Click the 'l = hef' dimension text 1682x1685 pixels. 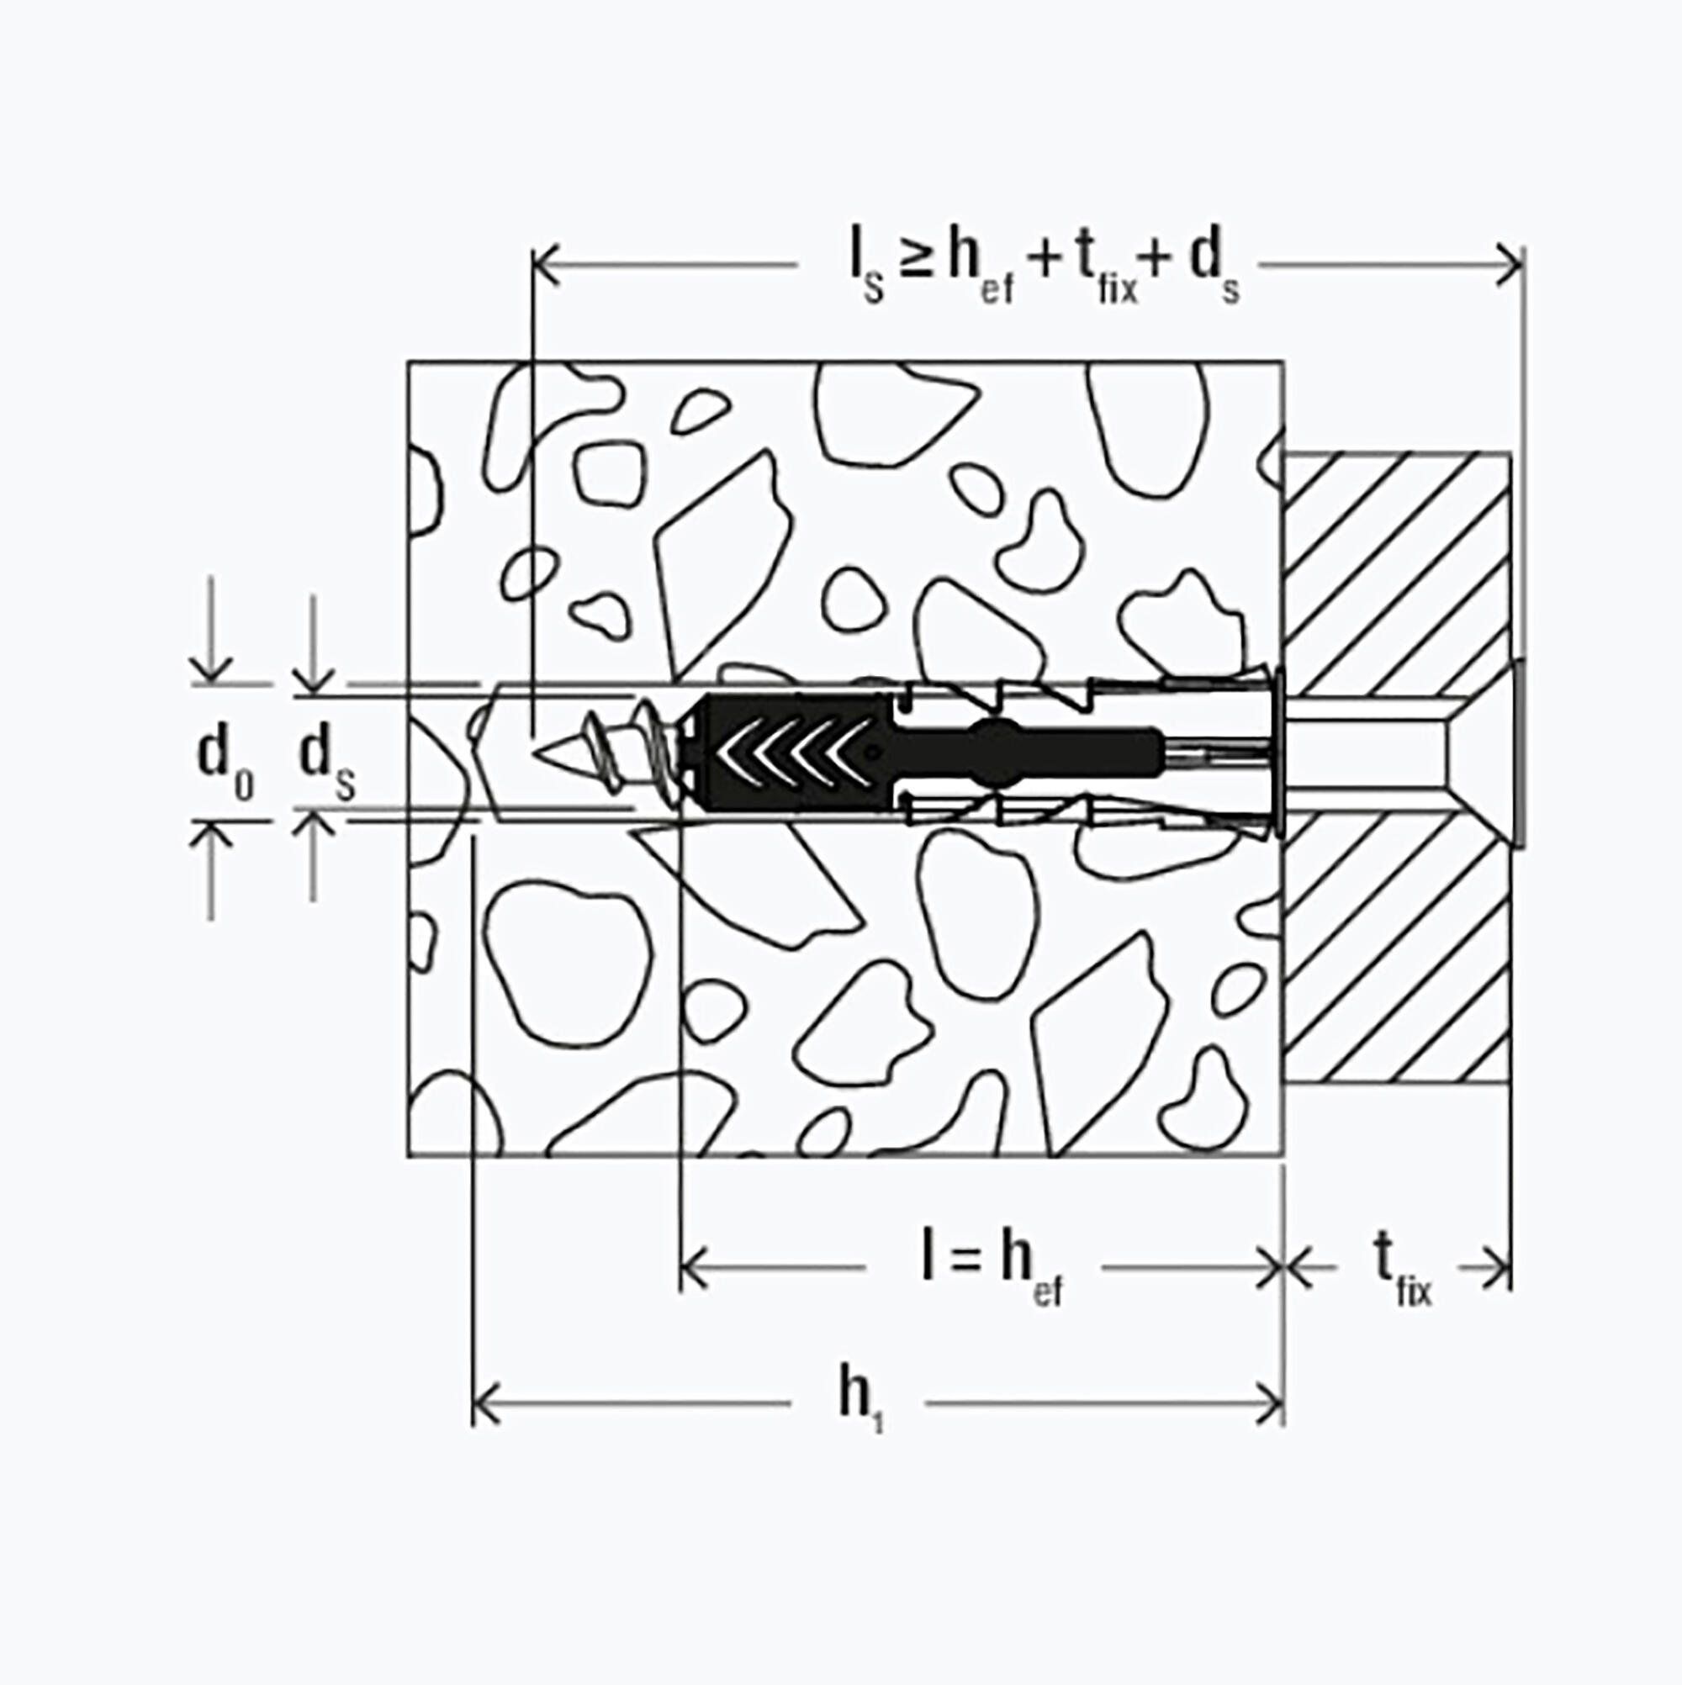coord(992,1270)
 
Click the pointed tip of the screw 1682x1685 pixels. coord(535,753)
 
